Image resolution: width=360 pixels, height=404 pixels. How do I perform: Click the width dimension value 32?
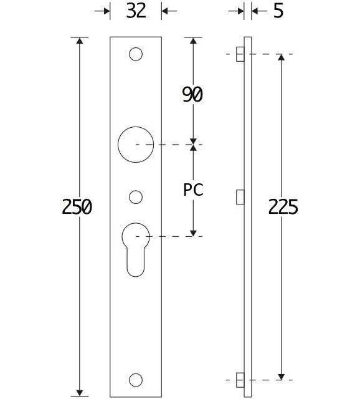pyautogui.click(x=135, y=11)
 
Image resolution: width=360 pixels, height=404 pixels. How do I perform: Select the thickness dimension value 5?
pyautogui.click(x=278, y=11)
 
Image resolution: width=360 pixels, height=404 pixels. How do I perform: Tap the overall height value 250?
pyautogui.click(x=77, y=206)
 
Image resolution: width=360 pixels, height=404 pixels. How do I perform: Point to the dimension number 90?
pyautogui.click(x=192, y=94)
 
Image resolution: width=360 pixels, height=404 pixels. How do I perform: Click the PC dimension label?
pyautogui.click(x=193, y=190)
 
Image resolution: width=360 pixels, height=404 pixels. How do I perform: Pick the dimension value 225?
pyautogui.click(x=283, y=206)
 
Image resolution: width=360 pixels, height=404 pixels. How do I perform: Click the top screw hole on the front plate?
pyautogui.click(x=135, y=54)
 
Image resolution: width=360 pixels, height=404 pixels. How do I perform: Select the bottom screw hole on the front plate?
pyautogui.click(x=135, y=379)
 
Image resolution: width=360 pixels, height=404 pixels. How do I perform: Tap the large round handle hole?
pyautogui.click(x=135, y=145)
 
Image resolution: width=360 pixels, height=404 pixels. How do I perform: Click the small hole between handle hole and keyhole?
pyautogui.click(x=135, y=197)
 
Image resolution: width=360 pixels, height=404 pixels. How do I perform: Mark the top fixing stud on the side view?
pyautogui.click(x=240, y=54)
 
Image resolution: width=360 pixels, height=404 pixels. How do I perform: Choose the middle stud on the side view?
pyautogui.click(x=240, y=197)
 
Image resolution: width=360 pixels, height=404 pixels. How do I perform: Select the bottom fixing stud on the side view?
pyautogui.click(x=240, y=379)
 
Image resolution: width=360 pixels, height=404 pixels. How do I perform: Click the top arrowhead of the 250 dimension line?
pyautogui.click(x=79, y=42)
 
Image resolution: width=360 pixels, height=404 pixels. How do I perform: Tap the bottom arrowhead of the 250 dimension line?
pyautogui.click(x=79, y=391)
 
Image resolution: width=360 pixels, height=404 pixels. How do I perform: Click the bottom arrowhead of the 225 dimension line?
pyautogui.click(x=282, y=375)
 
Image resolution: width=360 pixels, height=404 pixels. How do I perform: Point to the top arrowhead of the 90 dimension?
pyautogui.click(x=193, y=42)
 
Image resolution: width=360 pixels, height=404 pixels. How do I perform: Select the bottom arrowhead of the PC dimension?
pyautogui.click(x=193, y=232)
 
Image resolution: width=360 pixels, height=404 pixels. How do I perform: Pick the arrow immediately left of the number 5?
pyautogui.click(x=240, y=11)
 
